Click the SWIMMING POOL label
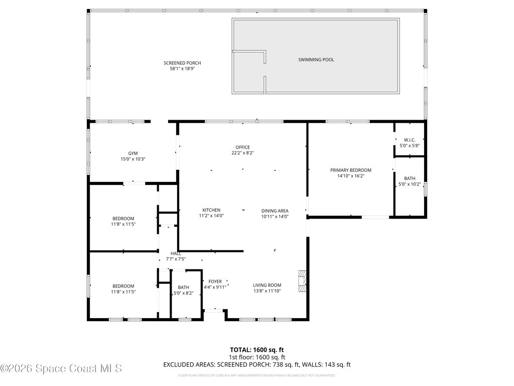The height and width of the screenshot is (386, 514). pos(316,60)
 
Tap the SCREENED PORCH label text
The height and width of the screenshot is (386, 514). pos(182,63)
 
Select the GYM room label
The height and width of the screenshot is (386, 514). pos(133,153)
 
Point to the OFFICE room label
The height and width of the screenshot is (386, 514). pos(243,147)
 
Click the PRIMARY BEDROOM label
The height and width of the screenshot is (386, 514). pos(350,170)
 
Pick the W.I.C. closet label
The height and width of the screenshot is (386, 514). pos(410,140)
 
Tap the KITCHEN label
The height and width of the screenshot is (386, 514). pos(211,210)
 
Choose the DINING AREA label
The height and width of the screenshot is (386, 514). pos(275,211)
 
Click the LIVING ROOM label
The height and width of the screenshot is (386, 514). pos(267,285)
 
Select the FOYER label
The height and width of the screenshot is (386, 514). pos(215,281)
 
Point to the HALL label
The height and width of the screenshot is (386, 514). pos(176,253)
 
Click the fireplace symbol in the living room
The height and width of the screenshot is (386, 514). pos(302,280)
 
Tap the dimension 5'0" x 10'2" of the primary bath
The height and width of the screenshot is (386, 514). pos(410,184)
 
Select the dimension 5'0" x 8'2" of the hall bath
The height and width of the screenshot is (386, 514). pos(182,293)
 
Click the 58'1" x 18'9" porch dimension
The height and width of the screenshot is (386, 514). pos(182,69)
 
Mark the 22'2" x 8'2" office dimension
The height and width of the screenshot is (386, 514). pos(243,153)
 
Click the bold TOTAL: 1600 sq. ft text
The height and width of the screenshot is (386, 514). pos(256,349)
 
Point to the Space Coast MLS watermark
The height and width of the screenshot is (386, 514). pos(61,368)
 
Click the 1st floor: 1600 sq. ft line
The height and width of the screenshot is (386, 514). pos(256,357)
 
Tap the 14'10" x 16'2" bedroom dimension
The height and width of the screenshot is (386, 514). pos(350,176)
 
